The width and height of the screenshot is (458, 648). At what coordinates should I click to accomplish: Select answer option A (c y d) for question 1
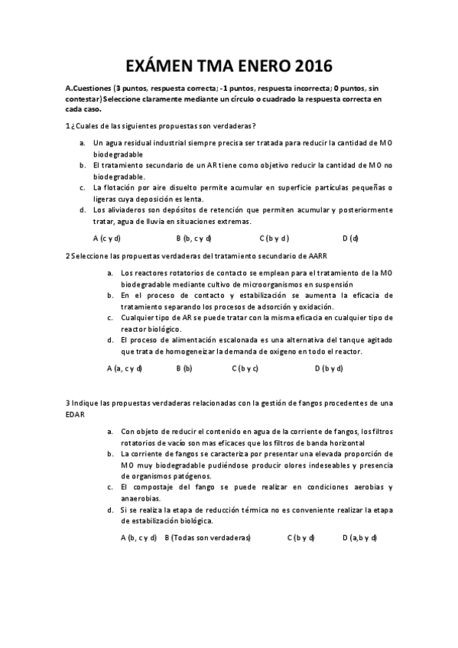(x=107, y=238)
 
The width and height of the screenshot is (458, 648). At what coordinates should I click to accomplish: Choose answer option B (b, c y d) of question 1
(x=193, y=238)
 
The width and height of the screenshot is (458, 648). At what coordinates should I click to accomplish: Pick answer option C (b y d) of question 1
(x=274, y=238)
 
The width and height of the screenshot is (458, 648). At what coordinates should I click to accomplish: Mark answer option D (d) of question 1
(x=350, y=238)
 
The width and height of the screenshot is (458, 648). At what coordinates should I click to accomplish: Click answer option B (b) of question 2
(x=184, y=368)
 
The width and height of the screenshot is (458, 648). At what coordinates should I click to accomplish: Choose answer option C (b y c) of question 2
(x=245, y=368)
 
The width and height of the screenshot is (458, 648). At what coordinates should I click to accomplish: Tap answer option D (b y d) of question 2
(x=329, y=368)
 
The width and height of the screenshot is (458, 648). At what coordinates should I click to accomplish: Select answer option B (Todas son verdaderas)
(x=208, y=537)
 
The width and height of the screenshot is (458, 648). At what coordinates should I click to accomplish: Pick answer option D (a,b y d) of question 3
(x=359, y=537)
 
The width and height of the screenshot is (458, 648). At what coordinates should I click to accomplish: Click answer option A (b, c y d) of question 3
(x=138, y=537)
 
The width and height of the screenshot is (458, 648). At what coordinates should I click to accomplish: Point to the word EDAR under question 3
(x=75, y=414)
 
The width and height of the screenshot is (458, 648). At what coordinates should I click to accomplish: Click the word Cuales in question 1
(x=90, y=126)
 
